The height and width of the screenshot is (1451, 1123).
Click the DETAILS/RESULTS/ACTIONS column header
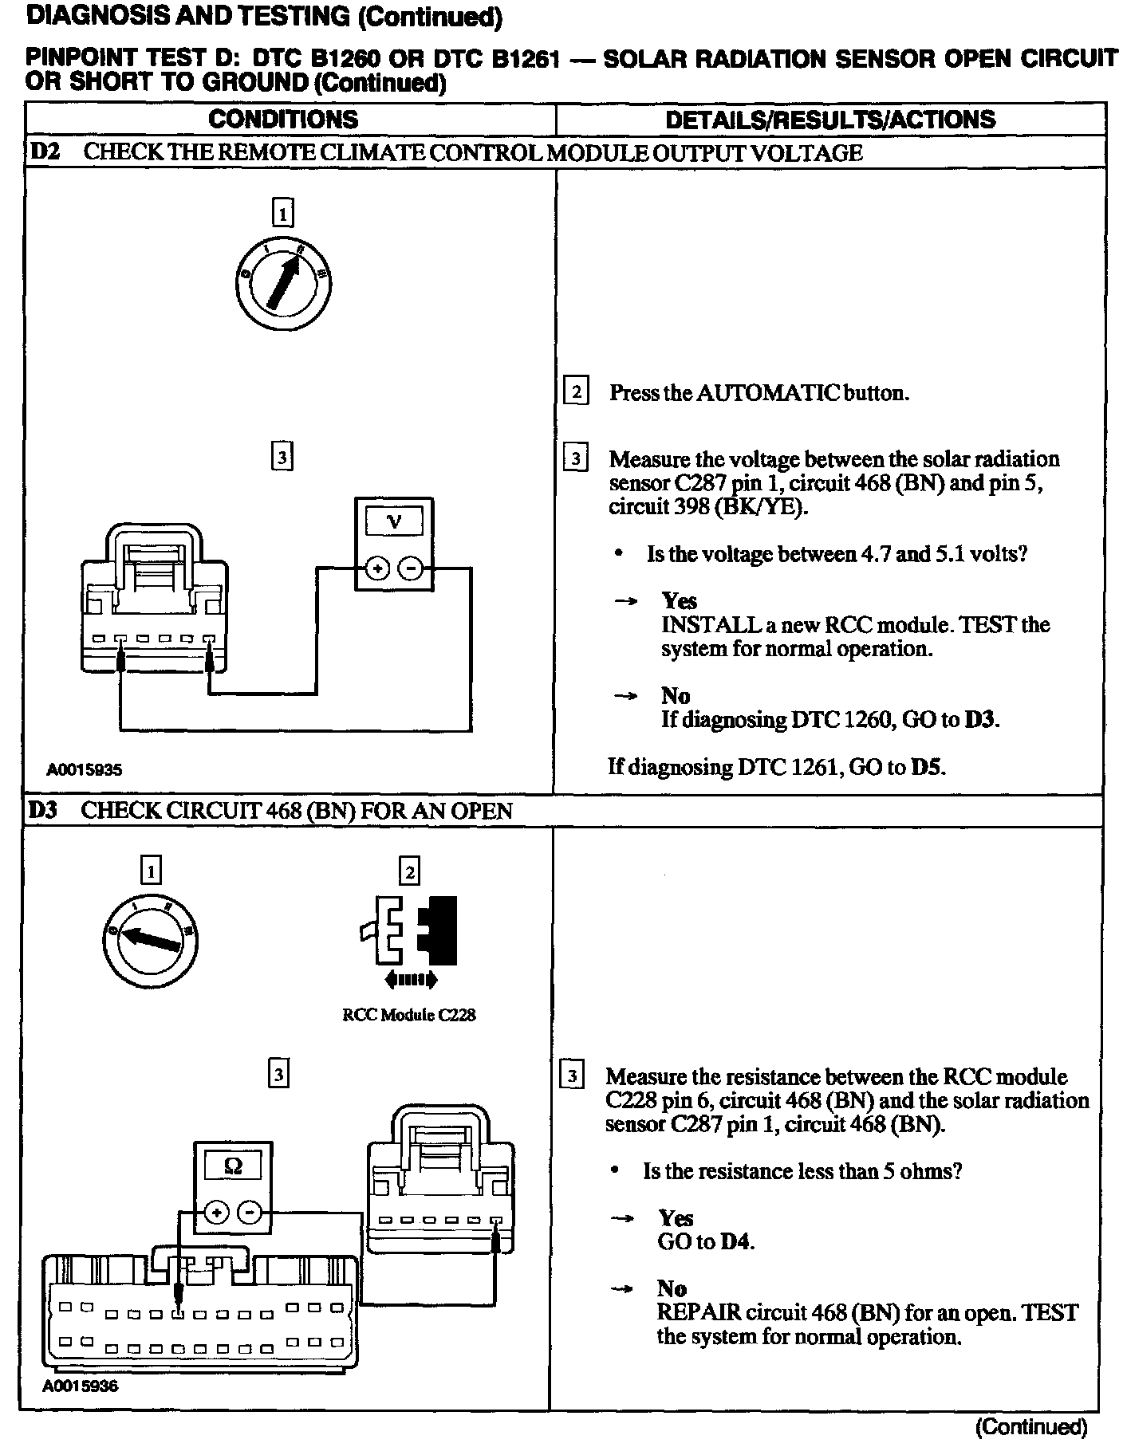(x=830, y=120)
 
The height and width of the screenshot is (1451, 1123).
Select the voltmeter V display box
(x=394, y=522)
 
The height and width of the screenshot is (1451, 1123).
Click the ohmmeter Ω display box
(x=233, y=1166)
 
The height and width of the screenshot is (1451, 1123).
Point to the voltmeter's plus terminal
(x=377, y=568)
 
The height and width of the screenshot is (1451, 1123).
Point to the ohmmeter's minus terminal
(x=250, y=1213)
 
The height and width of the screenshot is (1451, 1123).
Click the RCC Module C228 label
(x=409, y=1015)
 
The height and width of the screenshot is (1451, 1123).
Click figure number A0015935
(x=84, y=770)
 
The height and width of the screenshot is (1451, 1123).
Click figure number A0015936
(x=80, y=1386)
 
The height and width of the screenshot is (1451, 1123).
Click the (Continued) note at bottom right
(x=1032, y=1427)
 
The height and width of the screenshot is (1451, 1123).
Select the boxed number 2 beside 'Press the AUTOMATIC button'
(x=576, y=392)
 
